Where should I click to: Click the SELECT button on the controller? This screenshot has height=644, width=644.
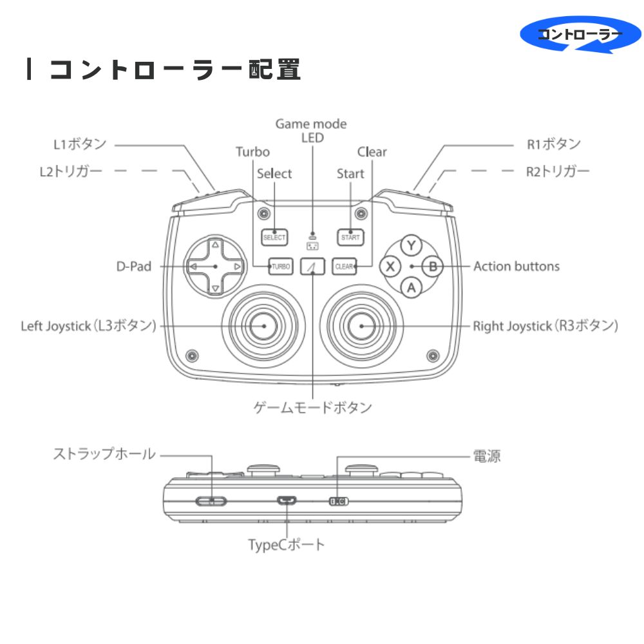click(274, 237)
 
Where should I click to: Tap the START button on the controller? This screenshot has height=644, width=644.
click(350, 237)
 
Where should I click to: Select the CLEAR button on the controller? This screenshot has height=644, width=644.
click(345, 266)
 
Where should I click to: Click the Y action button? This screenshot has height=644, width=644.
click(412, 245)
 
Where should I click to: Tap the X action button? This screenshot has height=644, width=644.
click(390, 265)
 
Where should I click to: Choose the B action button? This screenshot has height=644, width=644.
click(433, 265)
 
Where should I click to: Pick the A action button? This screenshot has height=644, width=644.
click(412, 287)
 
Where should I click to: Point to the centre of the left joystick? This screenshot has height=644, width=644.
click(264, 326)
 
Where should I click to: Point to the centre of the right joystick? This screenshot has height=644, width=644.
click(361, 326)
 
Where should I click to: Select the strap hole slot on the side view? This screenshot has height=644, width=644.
click(211, 501)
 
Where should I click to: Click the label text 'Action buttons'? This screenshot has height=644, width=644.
click(516, 266)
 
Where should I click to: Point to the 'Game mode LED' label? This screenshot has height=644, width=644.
click(311, 130)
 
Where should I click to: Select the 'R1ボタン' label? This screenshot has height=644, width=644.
click(554, 144)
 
